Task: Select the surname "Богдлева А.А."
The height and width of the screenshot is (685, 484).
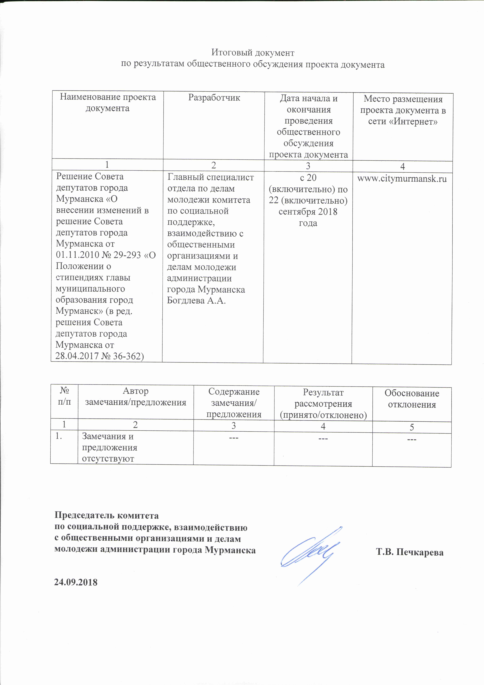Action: [x=196, y=300]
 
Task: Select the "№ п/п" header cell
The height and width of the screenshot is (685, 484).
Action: [x=64, y=396]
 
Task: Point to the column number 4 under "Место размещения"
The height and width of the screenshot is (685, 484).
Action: [x=402, y=166]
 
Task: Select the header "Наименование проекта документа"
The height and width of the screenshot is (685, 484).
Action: [x=108, y=102]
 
